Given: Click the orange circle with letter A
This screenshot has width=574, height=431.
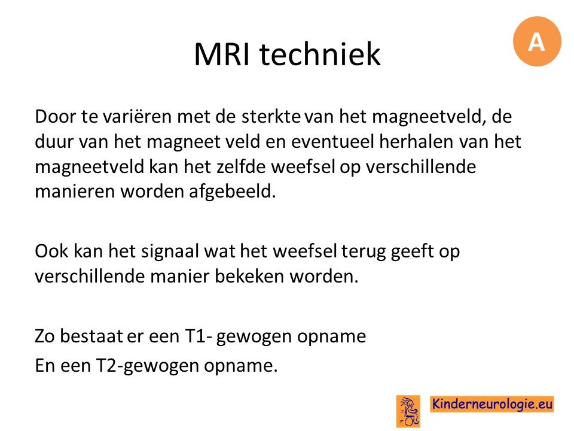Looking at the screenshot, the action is point(537,41).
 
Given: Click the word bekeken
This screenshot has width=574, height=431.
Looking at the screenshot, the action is point(249,277).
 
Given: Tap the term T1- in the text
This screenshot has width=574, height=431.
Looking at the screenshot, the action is point(199,336).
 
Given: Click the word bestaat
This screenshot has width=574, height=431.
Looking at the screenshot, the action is point(91,336).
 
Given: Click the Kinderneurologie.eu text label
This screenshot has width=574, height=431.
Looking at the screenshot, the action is point(491,404).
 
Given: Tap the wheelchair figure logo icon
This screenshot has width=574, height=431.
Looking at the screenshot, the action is point(408,411).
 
